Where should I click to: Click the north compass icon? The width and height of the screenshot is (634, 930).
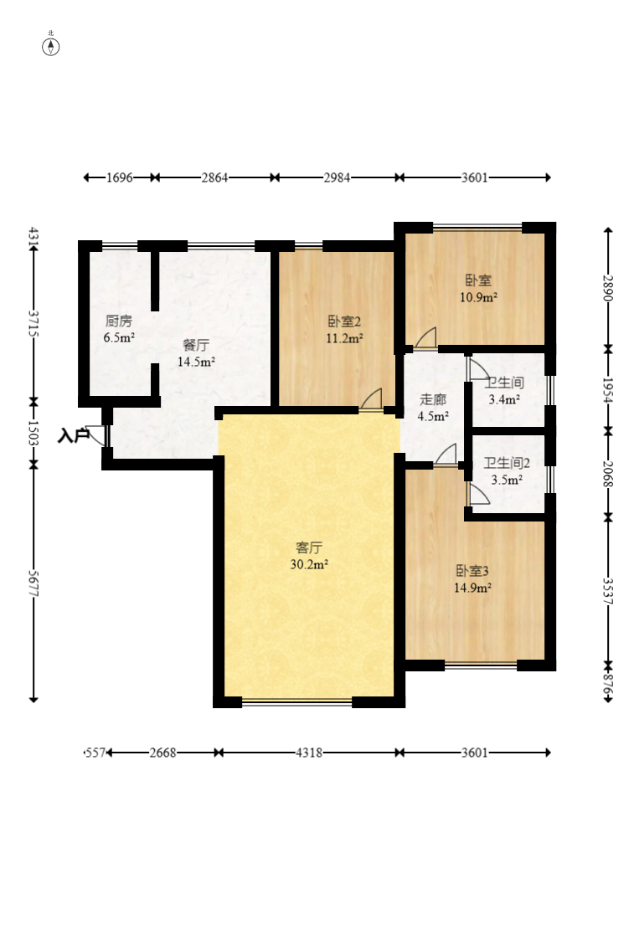(x=51, y=46)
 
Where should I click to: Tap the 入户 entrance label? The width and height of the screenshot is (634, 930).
(x=73, y=436)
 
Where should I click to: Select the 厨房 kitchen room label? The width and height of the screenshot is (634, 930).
(x=119, y=321)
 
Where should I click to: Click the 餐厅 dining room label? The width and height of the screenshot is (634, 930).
(x=196, y=345)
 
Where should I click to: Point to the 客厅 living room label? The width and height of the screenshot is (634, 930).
(x=309, y=547)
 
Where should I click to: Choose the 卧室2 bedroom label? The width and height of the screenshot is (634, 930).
(x=344, y=321)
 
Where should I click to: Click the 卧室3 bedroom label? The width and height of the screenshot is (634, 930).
(x=472, y=571)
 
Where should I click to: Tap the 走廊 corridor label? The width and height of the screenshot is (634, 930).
(x=433, y=399)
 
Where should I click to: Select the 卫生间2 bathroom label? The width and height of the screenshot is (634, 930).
(x=507, y=463)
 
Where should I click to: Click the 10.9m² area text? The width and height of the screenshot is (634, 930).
(x=478, y=297)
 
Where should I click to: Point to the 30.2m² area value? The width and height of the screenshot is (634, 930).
(x=309, y=565)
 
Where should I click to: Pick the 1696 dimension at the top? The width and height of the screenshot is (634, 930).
(x=119, y=177)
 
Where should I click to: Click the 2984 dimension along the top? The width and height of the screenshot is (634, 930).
(x=337, y=177)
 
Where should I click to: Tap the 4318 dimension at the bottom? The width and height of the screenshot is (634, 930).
(x=309, y=753)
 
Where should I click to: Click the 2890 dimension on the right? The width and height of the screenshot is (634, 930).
(x=608, y=288)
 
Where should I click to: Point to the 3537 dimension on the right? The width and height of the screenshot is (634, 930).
(x=608, y=592)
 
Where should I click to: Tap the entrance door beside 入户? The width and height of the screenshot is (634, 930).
(x=97, y=434)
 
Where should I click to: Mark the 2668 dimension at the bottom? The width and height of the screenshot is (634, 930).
(x=162, y=753)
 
